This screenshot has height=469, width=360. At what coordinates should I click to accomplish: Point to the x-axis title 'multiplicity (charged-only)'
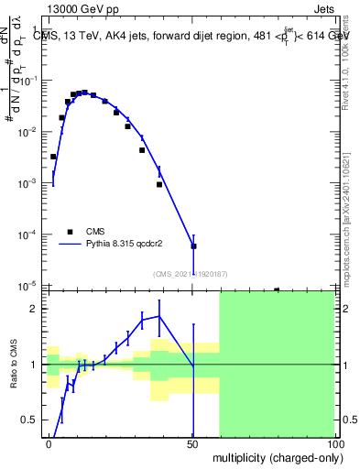pyautogui.click(x=274, y=455)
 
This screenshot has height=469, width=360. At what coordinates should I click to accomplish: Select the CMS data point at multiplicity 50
pyautogui.click(x=193, y=246)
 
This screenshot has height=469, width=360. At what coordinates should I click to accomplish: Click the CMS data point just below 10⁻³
pyautogui.click(x=159, y=184)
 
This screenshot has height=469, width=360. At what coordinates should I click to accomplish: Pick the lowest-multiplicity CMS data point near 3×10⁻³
pyautogui.click(x=54, y=157)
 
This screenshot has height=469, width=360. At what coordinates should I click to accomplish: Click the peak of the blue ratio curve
pyautogui.click(x=159, y=316)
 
